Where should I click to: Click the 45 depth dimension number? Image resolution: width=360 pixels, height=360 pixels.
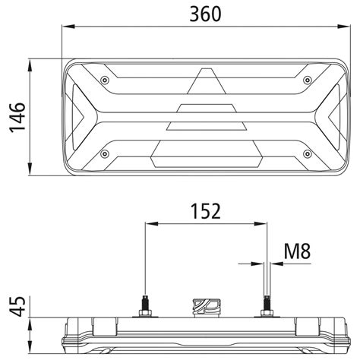[17, 308]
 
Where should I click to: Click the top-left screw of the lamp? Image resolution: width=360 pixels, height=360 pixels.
[104, 80]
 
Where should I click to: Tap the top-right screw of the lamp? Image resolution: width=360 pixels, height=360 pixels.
[306, 80]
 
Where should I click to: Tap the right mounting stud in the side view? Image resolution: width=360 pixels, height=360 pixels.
[267, 304]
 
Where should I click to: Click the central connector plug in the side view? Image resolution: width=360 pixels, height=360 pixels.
[205, 307]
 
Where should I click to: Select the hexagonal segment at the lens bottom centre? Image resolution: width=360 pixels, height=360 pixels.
[206, 155]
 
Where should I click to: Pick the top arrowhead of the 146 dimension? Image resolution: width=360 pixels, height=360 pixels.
[28, 62]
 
